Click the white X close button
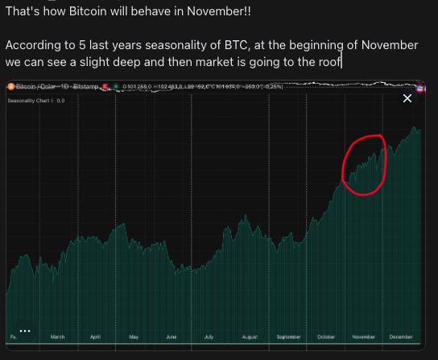(x=407, y=98)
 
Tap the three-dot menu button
(x=25, y=330)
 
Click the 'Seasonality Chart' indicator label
(x=28, y=100)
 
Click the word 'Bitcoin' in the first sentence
(x=94, y=14)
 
